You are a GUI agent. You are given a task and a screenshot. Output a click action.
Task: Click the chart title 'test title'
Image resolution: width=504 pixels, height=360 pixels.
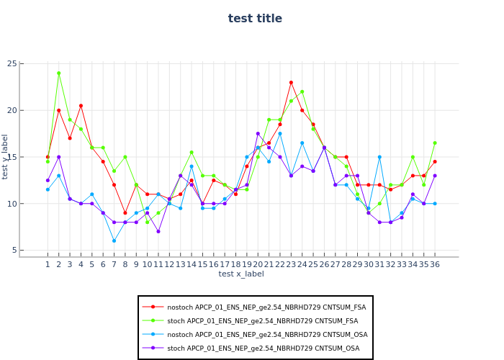(x=255, y=19)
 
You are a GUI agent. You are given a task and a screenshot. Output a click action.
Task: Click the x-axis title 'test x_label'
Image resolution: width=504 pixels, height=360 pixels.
(x=241, y=274)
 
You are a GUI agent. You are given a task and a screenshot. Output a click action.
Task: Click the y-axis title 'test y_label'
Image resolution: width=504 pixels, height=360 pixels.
(x=6, y=156)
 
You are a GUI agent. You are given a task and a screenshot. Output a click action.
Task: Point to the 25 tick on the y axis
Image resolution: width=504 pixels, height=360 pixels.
(x=32, y=64)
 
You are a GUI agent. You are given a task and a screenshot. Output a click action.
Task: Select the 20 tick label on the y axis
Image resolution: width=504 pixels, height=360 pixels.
(x=32, y=110)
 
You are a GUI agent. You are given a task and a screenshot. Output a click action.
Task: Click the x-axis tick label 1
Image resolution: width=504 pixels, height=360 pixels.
(x=48, y=264)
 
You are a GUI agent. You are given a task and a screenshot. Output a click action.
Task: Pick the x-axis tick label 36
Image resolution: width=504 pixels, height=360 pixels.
(x=435, y=264)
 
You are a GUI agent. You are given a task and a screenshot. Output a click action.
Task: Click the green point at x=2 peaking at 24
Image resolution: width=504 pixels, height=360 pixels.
(x=59, y=73)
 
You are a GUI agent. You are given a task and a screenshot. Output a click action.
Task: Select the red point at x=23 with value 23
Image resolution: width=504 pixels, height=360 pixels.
(x=291, y=83)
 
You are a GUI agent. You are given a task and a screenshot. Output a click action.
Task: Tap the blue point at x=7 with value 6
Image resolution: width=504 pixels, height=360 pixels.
(x=114, y=240)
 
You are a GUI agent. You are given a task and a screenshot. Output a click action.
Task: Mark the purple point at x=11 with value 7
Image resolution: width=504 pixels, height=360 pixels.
(x=158, y=231)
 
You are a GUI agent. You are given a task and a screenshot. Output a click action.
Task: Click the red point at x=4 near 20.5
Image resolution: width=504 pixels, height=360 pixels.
(x=81, y=106)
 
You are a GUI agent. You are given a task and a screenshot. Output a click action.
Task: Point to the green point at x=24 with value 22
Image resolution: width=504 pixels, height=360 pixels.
(x=302, y=92)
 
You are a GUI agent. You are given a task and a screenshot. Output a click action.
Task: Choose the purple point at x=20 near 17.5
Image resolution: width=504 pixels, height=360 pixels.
(x=258, y=134)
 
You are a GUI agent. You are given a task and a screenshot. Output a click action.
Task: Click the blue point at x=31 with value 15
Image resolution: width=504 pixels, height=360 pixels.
(x=379, y=157)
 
